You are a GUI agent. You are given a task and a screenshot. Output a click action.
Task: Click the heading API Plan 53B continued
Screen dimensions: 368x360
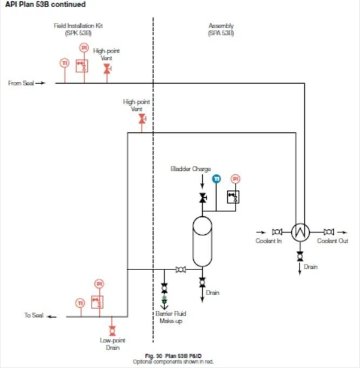43,5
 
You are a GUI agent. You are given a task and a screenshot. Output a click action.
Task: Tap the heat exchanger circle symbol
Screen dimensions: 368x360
299,232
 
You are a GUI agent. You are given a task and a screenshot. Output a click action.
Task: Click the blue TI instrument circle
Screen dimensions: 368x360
217,178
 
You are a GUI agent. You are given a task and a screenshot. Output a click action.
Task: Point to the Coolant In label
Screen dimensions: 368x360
269,241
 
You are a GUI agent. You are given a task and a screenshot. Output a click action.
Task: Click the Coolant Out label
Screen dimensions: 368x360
332,241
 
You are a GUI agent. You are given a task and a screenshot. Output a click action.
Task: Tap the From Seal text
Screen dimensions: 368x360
22,84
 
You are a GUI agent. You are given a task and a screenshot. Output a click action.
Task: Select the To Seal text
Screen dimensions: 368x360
34,315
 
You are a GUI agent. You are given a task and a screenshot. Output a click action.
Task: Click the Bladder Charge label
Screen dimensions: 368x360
191,169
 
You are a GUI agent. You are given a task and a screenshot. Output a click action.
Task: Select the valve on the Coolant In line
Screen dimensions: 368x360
276,232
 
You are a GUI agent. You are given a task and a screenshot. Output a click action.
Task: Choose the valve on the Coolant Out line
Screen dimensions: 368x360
328,232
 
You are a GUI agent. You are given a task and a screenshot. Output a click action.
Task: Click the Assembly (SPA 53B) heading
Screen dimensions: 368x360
221,29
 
